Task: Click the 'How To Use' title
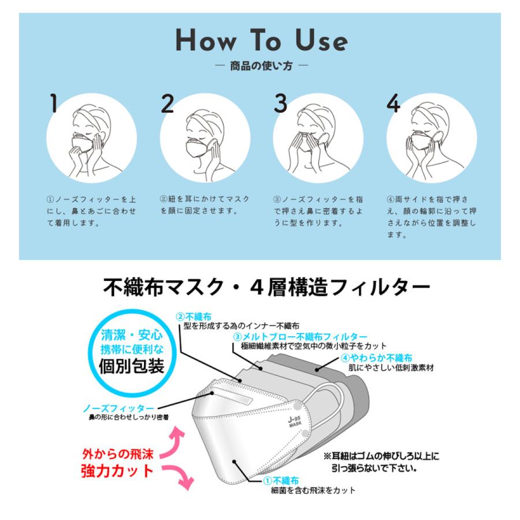[x=261, y=41]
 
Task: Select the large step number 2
[x=167, y=103]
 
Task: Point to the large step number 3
[x=280, y=103]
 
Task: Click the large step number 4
[x=393, y=103]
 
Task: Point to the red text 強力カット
[x=117, y=470]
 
